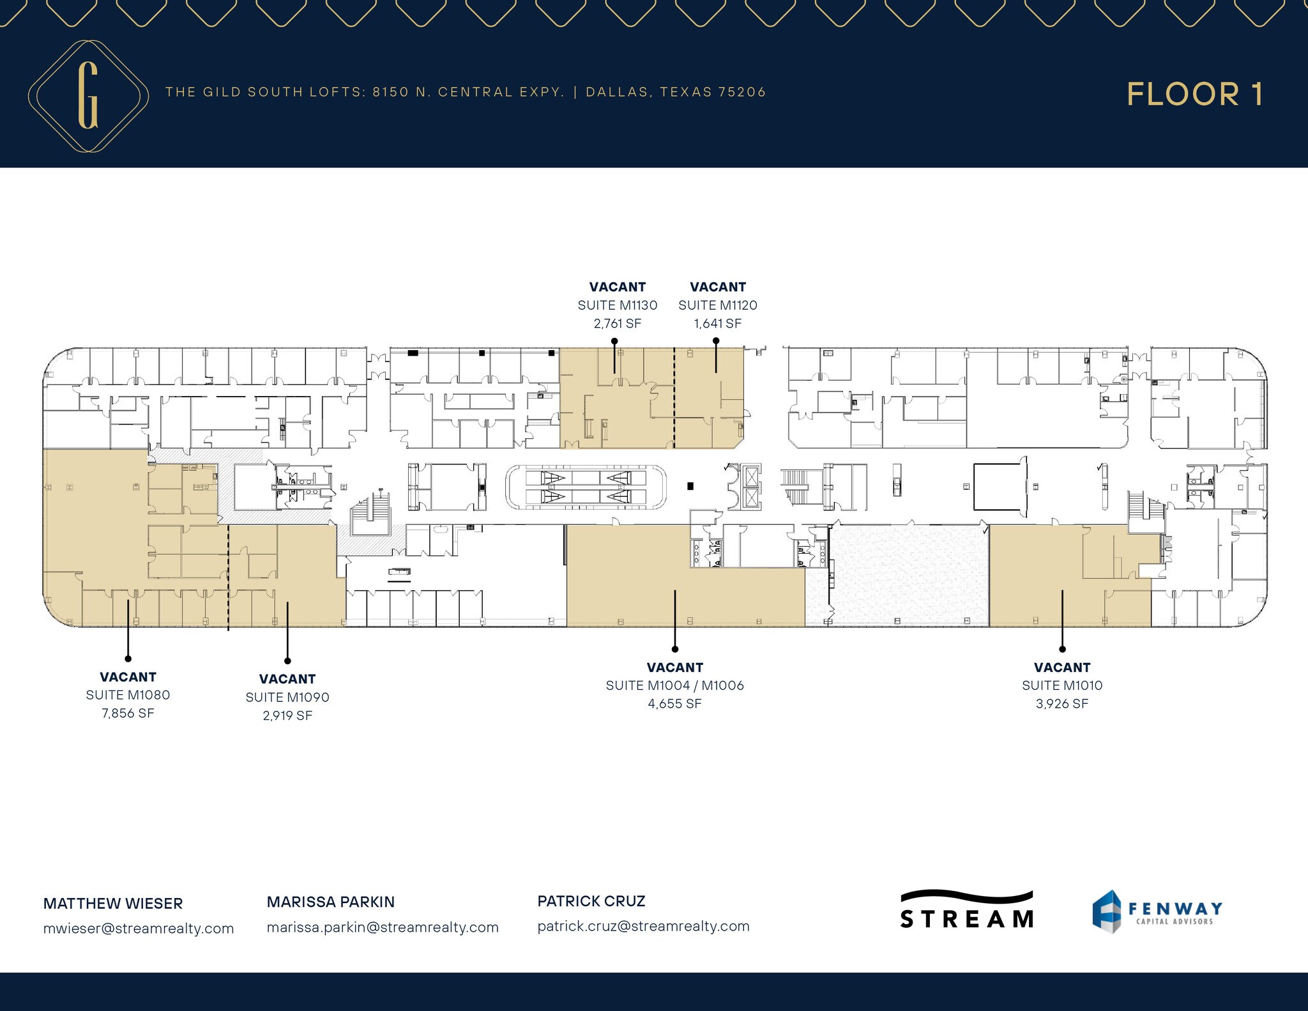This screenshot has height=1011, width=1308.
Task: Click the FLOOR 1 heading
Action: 1194,95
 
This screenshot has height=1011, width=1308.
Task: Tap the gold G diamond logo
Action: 88,96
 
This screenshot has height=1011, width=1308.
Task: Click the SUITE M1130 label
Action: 617,305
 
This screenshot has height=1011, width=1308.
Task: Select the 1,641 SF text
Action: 717,324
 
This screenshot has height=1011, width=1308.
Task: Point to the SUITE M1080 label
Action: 128,695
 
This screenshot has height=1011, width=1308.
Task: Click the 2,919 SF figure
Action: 287,715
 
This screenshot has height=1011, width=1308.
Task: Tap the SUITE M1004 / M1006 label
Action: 674,685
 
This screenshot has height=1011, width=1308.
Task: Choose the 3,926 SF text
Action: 1061,704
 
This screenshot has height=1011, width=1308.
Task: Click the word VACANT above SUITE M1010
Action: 1061,667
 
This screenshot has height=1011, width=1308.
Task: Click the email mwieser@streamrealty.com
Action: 139,928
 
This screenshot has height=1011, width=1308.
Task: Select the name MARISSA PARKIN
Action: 330,902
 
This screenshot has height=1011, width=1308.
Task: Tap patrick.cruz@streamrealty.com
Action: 643,926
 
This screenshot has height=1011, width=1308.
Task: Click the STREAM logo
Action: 966,910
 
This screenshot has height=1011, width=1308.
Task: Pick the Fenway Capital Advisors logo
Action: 1157,911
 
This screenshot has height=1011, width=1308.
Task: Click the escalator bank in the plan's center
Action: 586,487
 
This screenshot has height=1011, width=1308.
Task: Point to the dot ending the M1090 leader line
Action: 287,660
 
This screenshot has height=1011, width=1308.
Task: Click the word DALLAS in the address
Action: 617,92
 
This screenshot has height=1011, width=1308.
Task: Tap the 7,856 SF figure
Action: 128,713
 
